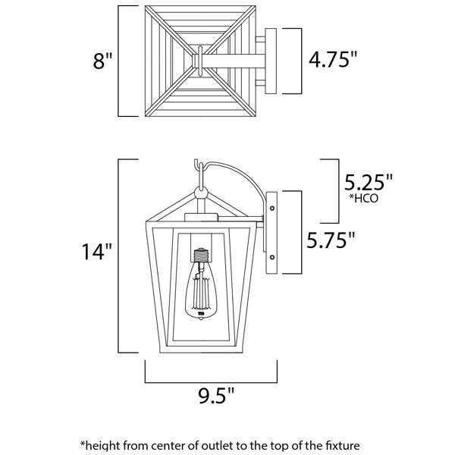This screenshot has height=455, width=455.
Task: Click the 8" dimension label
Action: (102, 61)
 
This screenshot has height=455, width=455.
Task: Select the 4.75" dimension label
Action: (333, 59)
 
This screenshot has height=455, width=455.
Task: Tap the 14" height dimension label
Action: (96, 251)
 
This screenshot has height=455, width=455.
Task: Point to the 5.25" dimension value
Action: (368, 183)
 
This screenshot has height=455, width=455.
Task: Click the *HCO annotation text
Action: (364, 198)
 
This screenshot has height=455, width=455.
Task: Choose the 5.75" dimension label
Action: (331, 240)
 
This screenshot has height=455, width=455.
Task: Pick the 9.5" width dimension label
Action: (216, 395)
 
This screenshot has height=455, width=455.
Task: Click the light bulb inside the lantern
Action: (201, 284)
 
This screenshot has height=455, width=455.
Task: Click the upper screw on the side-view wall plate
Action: (272, 208)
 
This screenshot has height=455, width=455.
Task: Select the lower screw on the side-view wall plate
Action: (272, 257)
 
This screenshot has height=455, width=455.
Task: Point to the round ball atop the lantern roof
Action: (201, 193)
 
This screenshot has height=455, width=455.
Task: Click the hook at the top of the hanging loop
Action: (198, 165)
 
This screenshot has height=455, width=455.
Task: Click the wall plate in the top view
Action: (271, 61)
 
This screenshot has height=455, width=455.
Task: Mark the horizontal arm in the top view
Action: (234, 61)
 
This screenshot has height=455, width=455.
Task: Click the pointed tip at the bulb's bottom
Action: (201, 319)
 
